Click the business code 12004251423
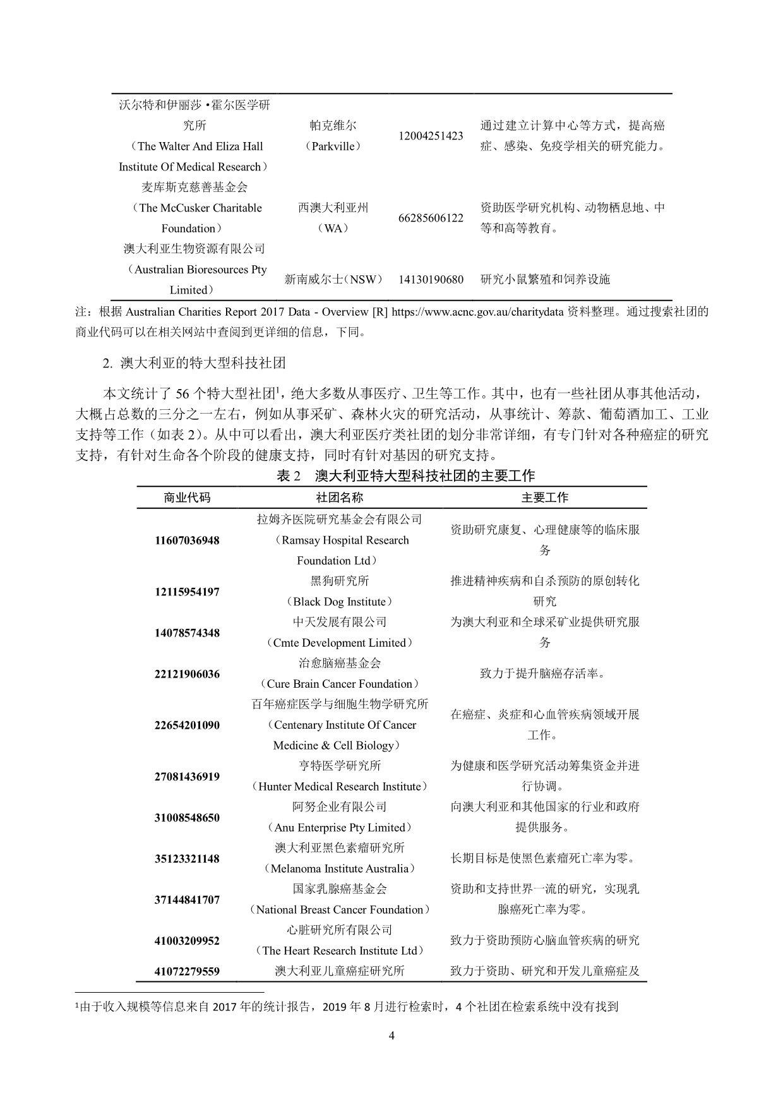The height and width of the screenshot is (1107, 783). click(x=431, y=136)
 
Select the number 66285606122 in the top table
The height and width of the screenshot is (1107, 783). click(x=431, y=218)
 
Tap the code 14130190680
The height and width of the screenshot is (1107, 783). click(x=431, y=279)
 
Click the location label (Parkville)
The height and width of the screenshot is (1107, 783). click(x=333, y=146)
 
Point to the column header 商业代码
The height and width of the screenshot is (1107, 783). click(x=187, y=498)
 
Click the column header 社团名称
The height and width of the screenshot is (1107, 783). click(x=340, y=498)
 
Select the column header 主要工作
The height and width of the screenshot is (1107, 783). click(x=545, y=498)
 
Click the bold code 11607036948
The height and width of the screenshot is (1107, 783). click(x=187, y=541)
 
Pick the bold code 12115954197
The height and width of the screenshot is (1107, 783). click(x=187, y=592)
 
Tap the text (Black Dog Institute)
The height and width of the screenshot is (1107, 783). click(x=340, y=602)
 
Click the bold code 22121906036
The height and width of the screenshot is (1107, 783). click(x=187, y=674)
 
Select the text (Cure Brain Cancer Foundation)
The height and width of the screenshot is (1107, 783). click(x=340, y=684)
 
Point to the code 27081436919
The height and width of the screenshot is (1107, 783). click(x=187, y=776)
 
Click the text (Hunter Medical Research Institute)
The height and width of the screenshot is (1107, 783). click(x=340, y=786)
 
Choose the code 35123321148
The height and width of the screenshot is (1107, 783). click(x=187, y=858)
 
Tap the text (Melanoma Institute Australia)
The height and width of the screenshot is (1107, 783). click(x=340, y=868)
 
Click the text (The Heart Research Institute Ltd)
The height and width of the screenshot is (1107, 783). click(x=340, y=950)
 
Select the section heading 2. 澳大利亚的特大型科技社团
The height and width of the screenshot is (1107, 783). click(x=194, y=363)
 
